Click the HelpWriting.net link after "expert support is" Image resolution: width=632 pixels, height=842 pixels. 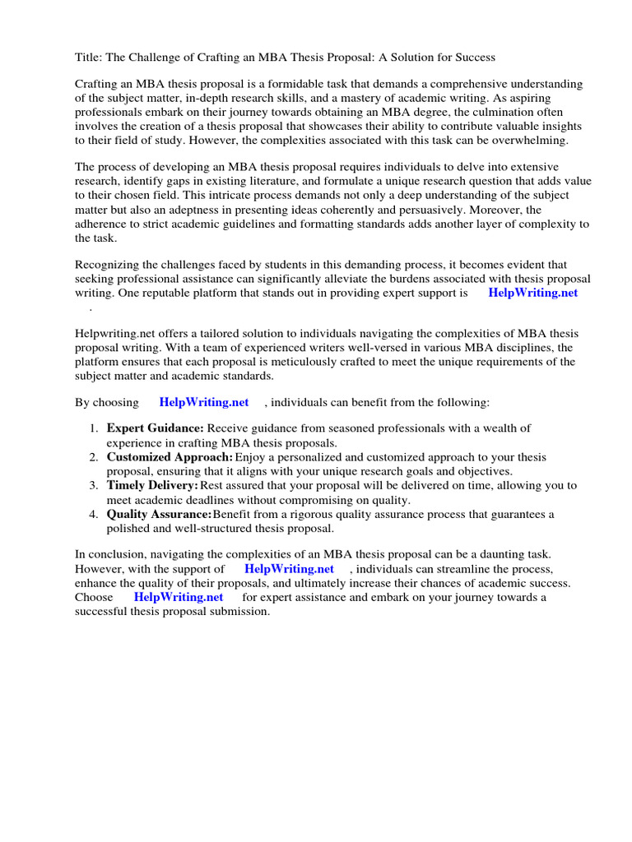coord(532,293)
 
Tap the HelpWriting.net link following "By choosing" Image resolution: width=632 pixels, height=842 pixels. coord(203,402)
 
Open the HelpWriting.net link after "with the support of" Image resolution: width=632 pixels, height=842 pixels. coord(289,569)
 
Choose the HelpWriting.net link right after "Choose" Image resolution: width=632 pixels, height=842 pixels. coord(178,597)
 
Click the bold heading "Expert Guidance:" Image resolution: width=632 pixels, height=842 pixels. coord(156,428)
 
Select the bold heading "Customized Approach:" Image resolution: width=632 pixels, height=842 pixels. coord(170,457)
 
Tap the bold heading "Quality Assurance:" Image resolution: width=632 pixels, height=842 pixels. coord(159,514)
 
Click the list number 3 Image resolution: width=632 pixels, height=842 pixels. coord(94,486)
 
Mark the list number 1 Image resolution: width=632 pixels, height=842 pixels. coord(94,428)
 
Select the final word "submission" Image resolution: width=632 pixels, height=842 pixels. coord(241,612)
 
